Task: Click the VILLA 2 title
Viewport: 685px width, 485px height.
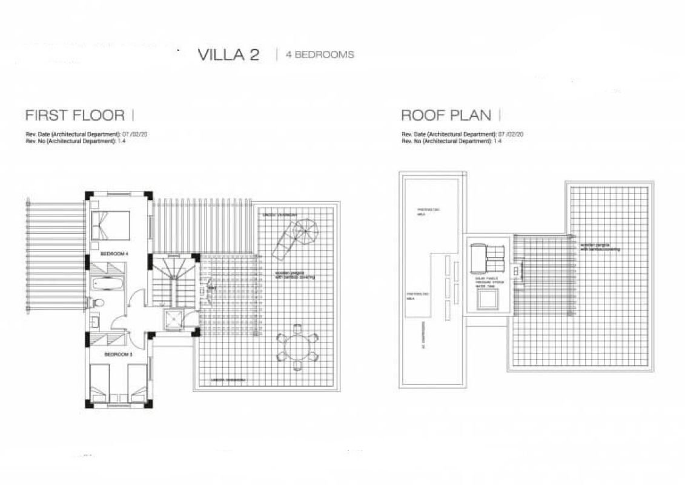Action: (228, 55)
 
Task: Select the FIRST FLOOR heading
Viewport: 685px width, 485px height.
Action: (75, 115)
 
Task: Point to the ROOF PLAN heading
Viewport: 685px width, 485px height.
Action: (446, 115)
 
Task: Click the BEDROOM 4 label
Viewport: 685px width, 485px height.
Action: (114, 253)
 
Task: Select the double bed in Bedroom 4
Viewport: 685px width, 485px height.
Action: (111, 225)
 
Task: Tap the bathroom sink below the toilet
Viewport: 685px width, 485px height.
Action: (94, 322)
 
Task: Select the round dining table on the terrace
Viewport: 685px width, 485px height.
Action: (297, 348)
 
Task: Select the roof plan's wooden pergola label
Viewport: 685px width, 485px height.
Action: (600, 247)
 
